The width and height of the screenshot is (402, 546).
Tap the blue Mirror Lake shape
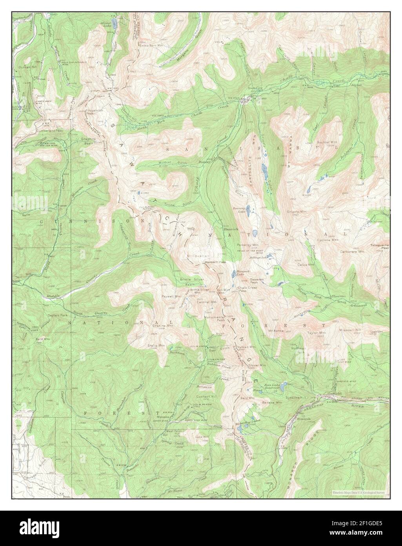point(113,20)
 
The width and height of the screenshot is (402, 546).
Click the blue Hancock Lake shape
point(234,274)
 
